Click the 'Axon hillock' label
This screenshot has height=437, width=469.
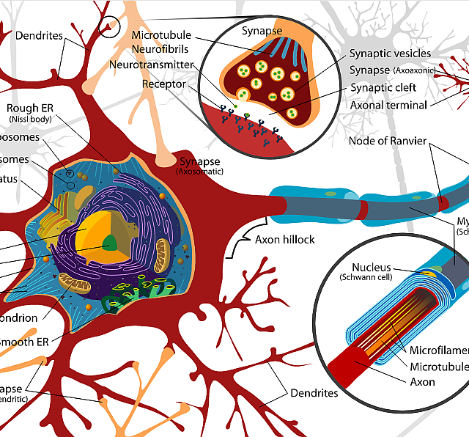tap(284, 240)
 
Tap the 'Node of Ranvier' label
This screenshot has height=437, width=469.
tap(387, 141)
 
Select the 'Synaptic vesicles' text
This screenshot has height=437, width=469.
tap(389, 54)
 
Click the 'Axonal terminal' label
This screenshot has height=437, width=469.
tap(388, 105)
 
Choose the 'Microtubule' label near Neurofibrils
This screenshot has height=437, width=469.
tap(161, 35)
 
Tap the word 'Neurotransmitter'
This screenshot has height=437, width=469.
tap(151, 65)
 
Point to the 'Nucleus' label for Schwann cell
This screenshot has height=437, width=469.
tap(372, 267)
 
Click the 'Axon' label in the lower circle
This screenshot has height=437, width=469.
tap(422, 381)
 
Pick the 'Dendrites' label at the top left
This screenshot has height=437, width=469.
tap(38, 34)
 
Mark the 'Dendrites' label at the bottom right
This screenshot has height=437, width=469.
tap(313, 393)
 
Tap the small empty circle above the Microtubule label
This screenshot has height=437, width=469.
tap(108, 28)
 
